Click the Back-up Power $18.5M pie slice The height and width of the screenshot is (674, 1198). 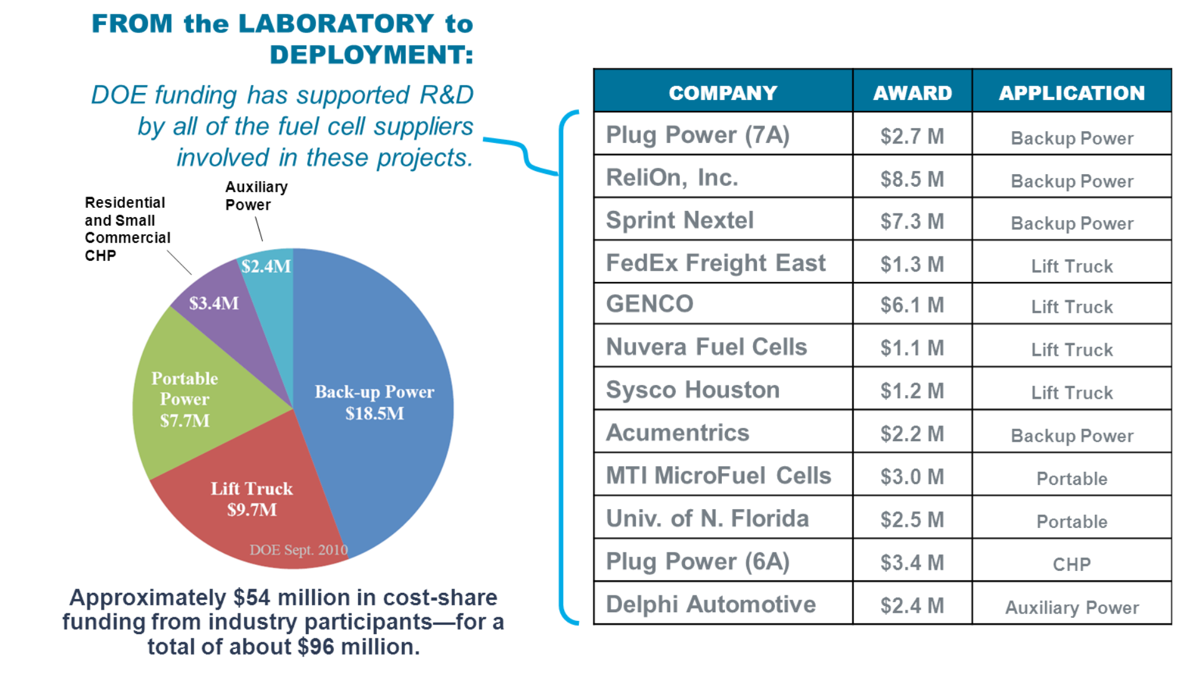point(374,402)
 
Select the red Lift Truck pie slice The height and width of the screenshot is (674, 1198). point(251,499)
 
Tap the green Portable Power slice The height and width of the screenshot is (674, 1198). point(184,399)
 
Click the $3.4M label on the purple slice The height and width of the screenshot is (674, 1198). point(213,303)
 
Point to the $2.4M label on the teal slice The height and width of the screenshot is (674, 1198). point(266,266)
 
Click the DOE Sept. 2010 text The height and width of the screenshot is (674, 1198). point(298,550)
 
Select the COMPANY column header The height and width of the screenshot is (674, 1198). point(723,93)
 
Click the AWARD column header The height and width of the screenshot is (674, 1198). point(912,93)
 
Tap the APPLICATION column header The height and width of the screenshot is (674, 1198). point(1071,93)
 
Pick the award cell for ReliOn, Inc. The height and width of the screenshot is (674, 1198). point(912,179)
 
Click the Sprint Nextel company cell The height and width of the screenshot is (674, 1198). point(679,220)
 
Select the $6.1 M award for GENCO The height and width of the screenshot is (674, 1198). point(912,305)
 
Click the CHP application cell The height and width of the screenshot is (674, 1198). point(1071,564)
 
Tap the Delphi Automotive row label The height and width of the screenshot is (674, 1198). point(710,604)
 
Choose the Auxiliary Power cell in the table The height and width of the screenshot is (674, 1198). point(1071,607)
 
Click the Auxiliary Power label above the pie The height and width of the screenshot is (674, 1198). point(256,196)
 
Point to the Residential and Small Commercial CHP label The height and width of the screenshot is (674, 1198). point(127,229)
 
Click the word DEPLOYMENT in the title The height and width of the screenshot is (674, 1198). point(371,55)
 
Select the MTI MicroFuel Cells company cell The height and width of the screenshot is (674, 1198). point(718,476)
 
